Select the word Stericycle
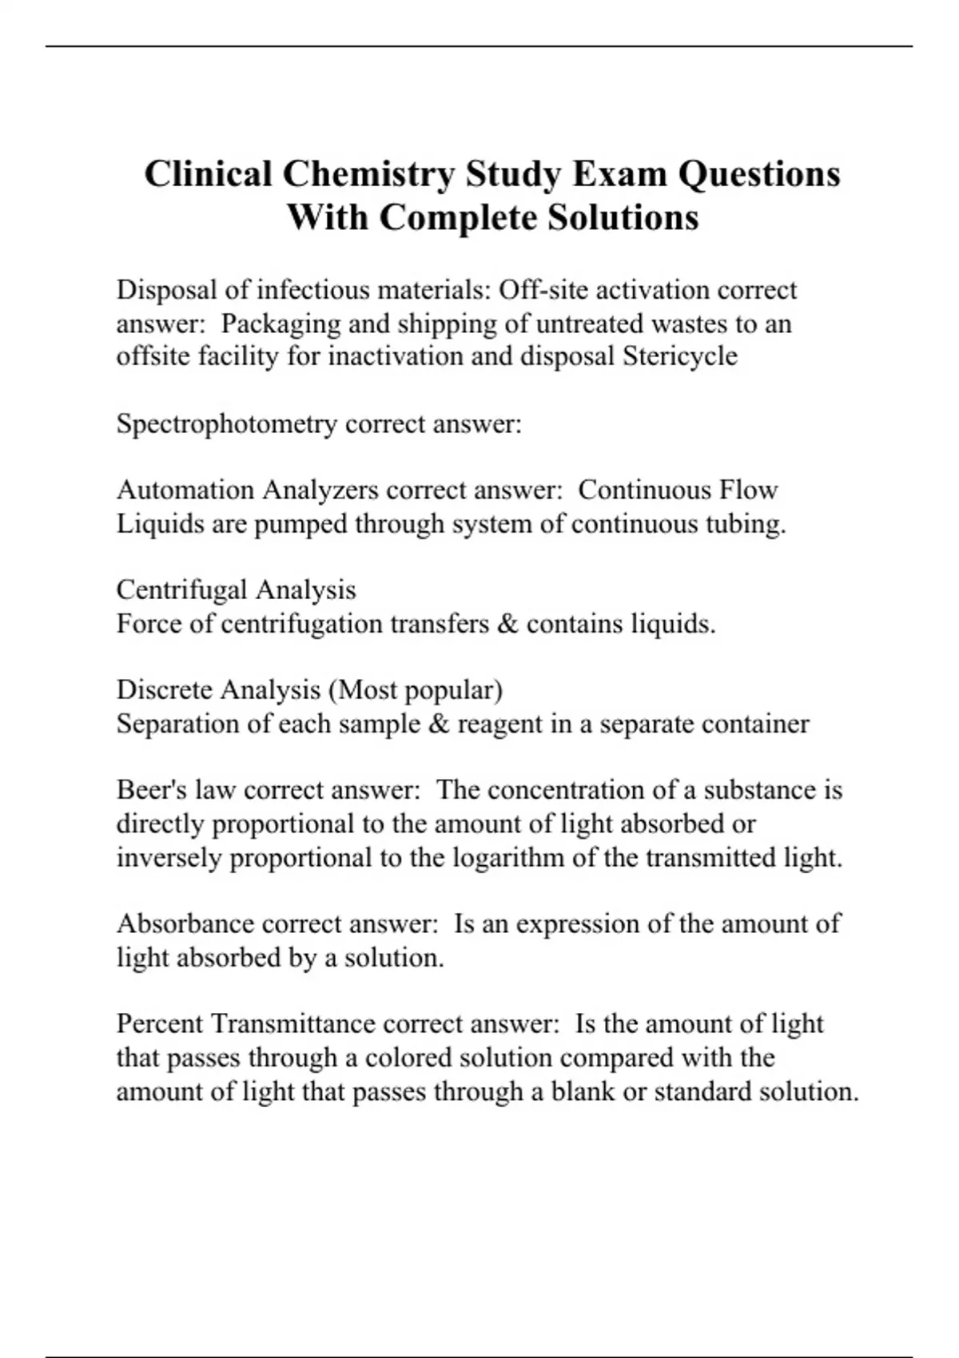[x=680, y=356]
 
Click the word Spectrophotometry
[x=226, y=423]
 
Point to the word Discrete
[x=164, y=689]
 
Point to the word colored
[x=407, y=1058]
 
